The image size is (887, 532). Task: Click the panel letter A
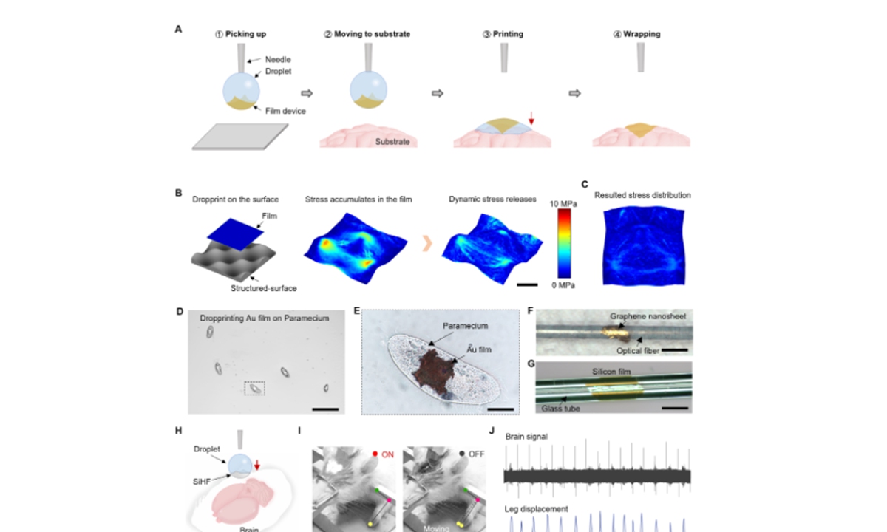tap(178, 30)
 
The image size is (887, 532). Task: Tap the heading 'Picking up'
tap(245, 34)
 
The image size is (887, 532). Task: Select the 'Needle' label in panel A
tap(278, 59)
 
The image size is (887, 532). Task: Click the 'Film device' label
tap(283, 111)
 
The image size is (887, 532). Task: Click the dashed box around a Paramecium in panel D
tap(254, 388)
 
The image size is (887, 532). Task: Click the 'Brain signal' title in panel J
tap(527, 437)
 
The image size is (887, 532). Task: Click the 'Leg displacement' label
tap(537, 508)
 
